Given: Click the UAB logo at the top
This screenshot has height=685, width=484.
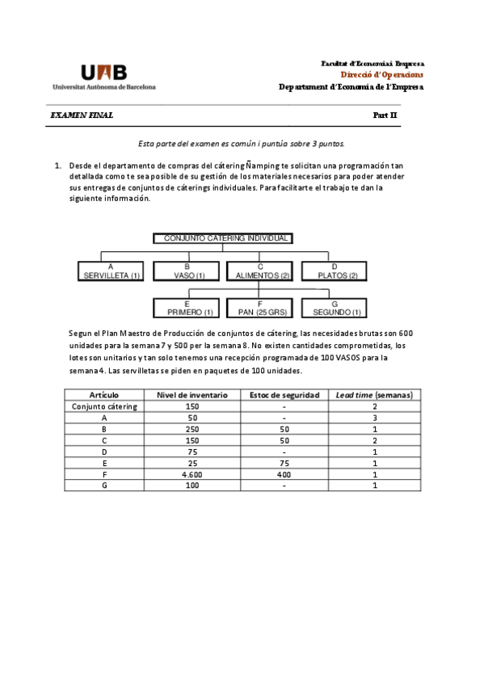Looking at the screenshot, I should (103, 76).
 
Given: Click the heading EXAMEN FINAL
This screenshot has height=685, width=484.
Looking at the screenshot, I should (82, 116).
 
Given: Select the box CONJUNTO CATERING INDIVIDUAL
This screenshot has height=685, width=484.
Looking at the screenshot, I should (223, 238).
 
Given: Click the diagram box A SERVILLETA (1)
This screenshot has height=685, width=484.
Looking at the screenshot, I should (112, 271).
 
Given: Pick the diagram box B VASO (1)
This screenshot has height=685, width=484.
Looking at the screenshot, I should (187, 271).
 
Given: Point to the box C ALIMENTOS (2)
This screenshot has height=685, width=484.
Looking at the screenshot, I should (261, 271).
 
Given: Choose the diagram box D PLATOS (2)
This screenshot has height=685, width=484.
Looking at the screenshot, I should (335, 271).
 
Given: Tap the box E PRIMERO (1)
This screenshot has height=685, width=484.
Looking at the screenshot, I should (187, 308).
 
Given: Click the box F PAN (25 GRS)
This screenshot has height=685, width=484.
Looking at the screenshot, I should (261, 308).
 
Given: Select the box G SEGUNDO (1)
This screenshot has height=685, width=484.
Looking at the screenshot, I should (335, 308).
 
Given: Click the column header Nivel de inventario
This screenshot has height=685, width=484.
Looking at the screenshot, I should (192, 395).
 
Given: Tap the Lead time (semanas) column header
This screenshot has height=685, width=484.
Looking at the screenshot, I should (374, 395).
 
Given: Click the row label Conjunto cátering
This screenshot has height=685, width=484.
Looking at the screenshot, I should (104, 406).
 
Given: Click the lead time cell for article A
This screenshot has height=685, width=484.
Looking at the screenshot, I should (374, 418).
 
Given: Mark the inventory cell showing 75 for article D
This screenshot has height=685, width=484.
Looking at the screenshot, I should (192, 452).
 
